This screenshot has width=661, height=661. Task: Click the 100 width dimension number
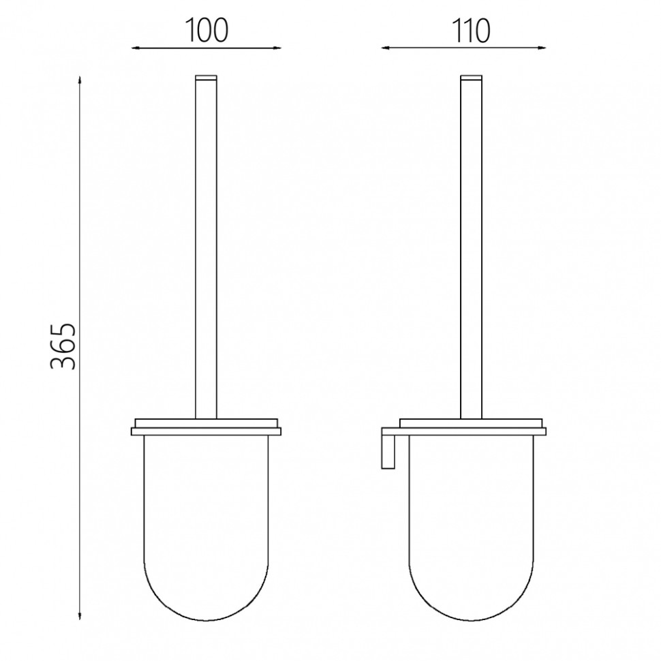pyautogui.click(x=206, y=31)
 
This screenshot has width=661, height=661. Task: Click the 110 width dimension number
pyautogui.click(x=471, y=31)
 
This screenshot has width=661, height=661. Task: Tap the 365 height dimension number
pyautogui.click(x=63, y=347)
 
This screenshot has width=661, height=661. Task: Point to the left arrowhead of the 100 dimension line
pyautogui.click(x=136, y=48)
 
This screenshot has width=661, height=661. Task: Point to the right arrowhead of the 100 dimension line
pyautogui.click(x=277, y=48)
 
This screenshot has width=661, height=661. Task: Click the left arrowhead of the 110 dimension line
pyautogui.click(x=385, y=48)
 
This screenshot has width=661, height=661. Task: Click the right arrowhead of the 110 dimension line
pyautogui.click(x=542, y=48)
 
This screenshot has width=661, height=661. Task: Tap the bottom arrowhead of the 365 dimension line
pyautogui.click(x=80, y=616)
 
